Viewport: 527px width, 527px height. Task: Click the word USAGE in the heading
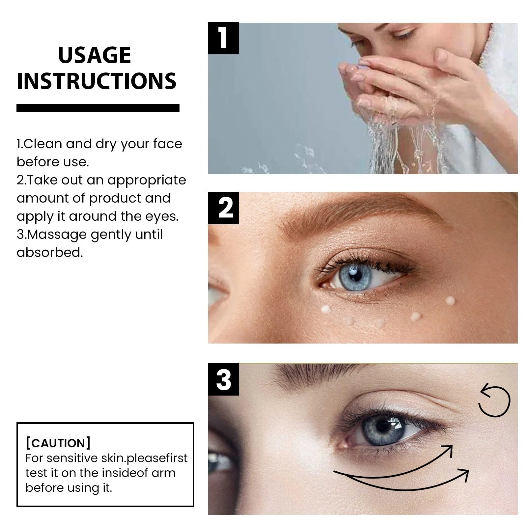[95, 55]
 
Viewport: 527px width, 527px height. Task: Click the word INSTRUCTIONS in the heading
[97, 81]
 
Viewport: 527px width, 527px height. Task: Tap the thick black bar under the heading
[98, 108]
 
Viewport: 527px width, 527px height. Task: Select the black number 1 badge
[223, 38]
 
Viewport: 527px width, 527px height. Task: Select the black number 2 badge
[223, 208]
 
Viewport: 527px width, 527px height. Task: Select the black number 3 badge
[223, 380]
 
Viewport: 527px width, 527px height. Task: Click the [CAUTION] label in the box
[58, 443]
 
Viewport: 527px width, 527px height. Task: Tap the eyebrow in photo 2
[356, 214]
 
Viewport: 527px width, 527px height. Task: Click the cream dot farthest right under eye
[450, 300]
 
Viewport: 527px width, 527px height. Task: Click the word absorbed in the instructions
[49, 253]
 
